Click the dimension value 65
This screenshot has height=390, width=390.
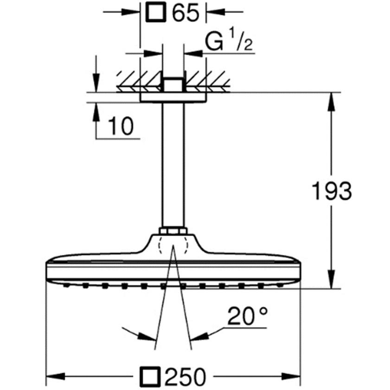pos(186,12)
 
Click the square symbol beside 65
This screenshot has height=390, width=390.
pos(156,12)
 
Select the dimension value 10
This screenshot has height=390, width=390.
pos(121,126)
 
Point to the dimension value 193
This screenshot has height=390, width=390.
pos(332,191)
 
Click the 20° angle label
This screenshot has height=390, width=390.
pos(248,316)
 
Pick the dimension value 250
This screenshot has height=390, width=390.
pos(186,377)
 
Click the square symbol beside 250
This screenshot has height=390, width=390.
pos(150,377)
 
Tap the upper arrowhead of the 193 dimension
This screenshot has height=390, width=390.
pos(331,102)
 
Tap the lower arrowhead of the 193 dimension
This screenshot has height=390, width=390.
pos(331,279)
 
